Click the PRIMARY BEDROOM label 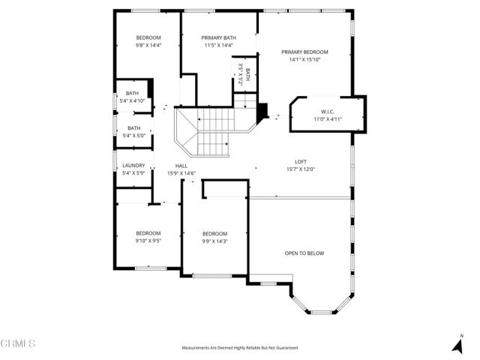304,52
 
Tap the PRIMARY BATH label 219,37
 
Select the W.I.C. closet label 326,111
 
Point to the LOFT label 300,161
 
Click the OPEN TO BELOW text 304,253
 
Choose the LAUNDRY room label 133,166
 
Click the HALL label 181,166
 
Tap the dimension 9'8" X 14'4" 148,45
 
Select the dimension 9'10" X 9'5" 148,241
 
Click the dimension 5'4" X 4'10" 132,100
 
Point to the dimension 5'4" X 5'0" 132,136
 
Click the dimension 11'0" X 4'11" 326,118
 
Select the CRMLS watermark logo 18,343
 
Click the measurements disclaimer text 240,348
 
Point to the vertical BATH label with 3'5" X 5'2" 243,74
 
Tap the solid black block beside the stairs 262,111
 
